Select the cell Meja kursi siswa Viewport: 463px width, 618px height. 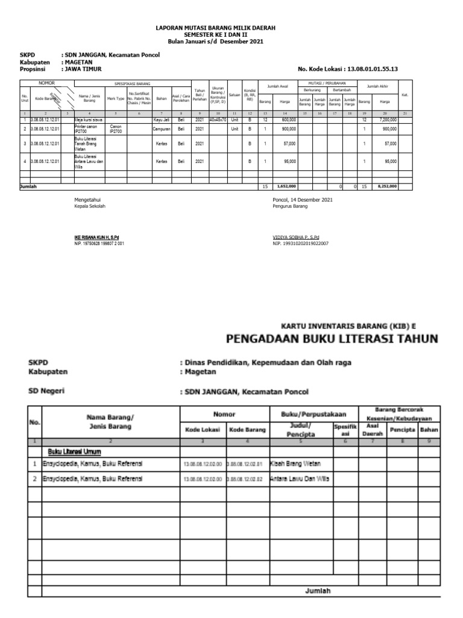87,120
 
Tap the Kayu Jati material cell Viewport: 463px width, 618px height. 161,120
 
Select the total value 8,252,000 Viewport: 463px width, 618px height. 387,187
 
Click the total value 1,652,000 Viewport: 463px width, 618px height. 286,187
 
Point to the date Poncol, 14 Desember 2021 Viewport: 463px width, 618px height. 302,200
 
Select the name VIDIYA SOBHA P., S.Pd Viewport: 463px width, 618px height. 296,237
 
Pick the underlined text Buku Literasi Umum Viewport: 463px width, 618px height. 74,451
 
